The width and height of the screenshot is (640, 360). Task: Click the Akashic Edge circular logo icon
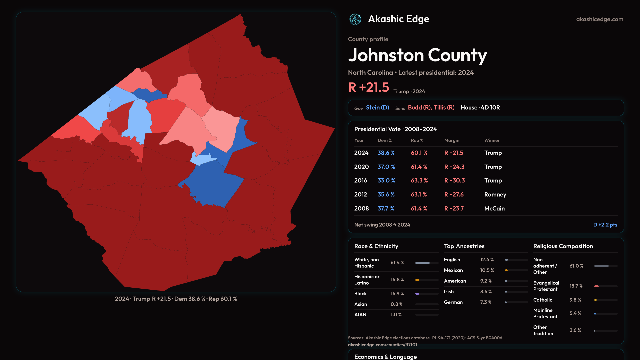pyautogui.click(x=355, y=19)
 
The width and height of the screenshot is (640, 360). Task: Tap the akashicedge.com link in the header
pyautogui.click(x=600, y=19)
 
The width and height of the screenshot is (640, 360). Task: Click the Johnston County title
pyautogui.click(x=417, y=55)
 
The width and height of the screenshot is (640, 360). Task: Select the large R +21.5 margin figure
pyautogui.click(x=369, y=87)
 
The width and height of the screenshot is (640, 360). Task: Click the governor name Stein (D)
pyautogui.click(x=377, y=108)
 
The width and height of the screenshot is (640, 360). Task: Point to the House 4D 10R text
pyautogui.click(x=480, y=108)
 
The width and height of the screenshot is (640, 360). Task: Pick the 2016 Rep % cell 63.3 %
pyautogui.click(x=419, y=180)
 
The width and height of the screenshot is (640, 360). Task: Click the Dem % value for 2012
pyautogui.click(x=386, y=194)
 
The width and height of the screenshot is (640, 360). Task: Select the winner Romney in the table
pyautogui.click(x=495, y=194)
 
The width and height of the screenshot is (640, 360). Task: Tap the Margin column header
pyautogui.click(x=452, y=140)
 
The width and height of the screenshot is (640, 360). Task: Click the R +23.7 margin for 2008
pyautogui.click(x=454, y=208)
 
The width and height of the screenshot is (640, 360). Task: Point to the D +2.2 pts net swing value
pyautogui.click(x=605, y=225)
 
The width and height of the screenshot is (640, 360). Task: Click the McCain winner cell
pyautogui.click(x=494, y=208)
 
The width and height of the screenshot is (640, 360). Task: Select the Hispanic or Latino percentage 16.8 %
pyautogui.click(x=397, y=280)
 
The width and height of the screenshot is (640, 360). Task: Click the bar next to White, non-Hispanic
pyautogui.click(x=427, y=263)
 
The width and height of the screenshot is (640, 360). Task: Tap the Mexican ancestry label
pyautogui.click(x=453, y=270)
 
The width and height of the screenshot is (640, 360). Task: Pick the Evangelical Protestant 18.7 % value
pyautogui.click(x=576, y=286)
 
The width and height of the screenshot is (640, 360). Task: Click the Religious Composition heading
pyautogui.click(x=563, y=246)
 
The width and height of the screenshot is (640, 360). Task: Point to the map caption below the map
pyautogui.click(x=176, y=299)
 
